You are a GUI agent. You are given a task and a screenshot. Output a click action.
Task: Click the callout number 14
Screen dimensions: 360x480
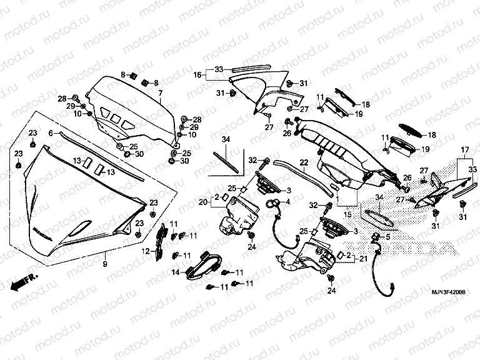click(x=176, y=272)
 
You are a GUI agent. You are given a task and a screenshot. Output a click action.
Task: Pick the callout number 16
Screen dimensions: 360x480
click(x=197, y=75)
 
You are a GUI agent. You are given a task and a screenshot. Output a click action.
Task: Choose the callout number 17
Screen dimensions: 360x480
click(x=464, y=150)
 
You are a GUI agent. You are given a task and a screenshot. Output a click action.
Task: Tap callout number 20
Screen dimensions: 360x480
click(x=202, y=202)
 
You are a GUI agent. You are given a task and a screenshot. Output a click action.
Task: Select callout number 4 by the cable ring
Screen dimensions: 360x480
click(x=288, y=202)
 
